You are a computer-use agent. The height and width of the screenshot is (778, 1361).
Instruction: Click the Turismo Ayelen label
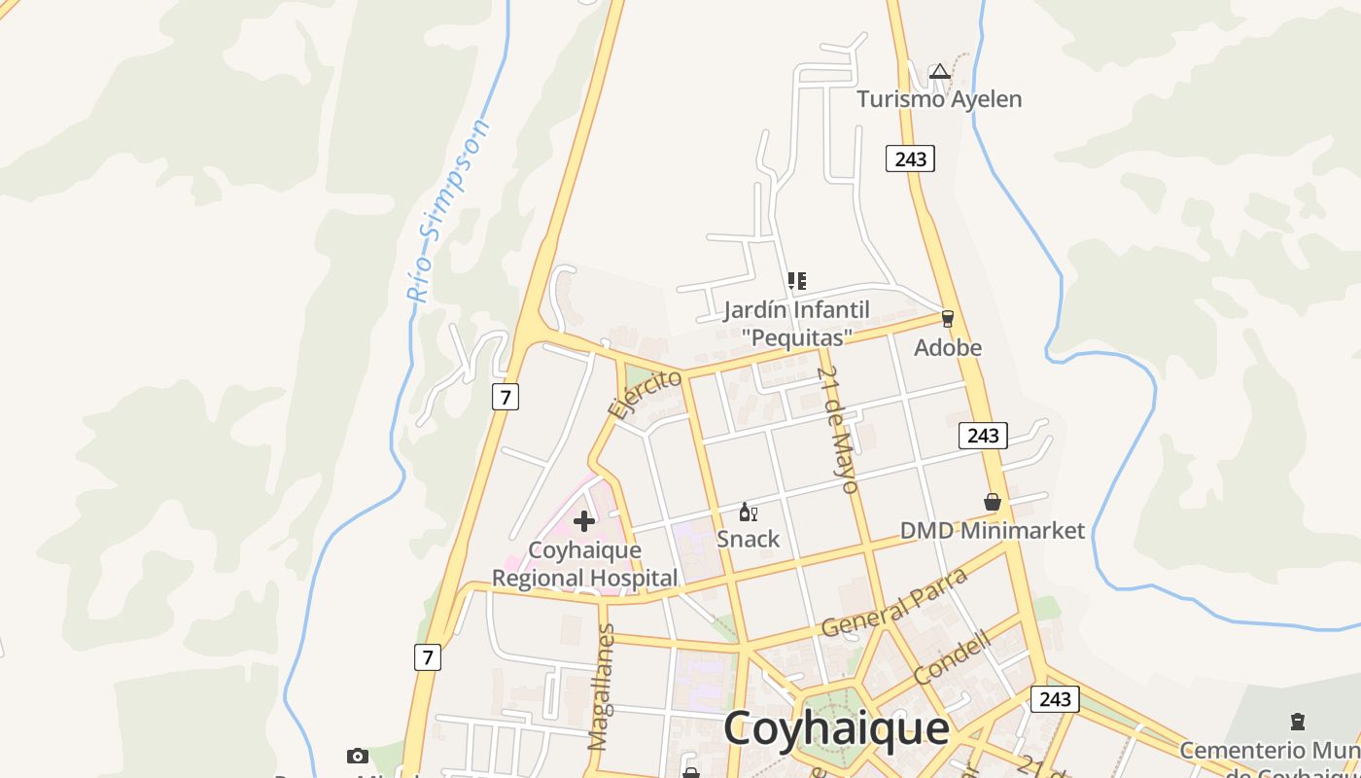[x=938, y=99]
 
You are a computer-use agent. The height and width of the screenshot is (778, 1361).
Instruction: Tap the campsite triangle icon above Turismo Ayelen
[x=939, y=71]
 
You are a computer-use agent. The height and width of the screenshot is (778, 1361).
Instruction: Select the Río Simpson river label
[x=448, y=211]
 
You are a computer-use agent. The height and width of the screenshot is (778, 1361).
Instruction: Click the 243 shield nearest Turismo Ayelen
[x=910, y=159]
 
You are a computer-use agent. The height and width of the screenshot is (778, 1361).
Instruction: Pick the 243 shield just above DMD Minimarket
[x=983, y=435]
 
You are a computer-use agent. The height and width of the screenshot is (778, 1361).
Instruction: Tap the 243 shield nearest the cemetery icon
[x=1055, y=698]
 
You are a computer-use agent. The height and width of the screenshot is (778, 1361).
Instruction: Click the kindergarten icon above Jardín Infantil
[x=797, y=282]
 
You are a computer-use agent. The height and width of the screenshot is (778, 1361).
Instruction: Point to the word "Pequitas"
[x=797, y=336]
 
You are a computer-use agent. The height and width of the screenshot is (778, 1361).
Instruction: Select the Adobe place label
[x=948, y=347]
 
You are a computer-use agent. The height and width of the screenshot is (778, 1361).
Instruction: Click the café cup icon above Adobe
[x=948, y=318]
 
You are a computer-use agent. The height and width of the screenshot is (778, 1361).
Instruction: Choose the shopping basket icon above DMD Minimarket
[x=993, y=502]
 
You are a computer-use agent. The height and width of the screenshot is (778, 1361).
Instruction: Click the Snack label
[x=749, y=539]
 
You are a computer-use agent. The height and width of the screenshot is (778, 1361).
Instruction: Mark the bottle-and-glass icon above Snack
[x=748, y=512]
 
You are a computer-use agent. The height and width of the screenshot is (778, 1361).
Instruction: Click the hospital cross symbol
[x=584, y=521]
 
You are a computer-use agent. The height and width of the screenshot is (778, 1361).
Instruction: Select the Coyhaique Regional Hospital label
[x=584, y=564]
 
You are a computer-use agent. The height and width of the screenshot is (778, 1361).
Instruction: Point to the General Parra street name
[x=895, y=602]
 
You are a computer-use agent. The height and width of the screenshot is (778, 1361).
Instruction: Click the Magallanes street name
[x=602, y=687]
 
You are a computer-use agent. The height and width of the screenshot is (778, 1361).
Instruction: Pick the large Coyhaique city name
[x=836, y=727]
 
